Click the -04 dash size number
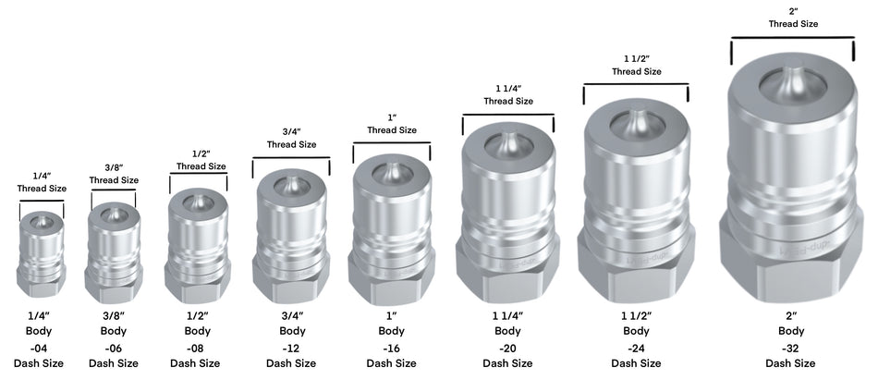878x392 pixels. [x=39, y=348]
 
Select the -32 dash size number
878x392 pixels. [x=790, y=348]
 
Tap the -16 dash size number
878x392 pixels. [x=392, y=348]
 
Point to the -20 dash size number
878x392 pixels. [x=507, y=348]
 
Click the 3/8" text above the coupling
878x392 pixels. [x=114, y=167]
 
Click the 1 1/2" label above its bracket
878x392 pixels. [x=636, y=58]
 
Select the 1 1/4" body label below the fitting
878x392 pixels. [x=507, y=314]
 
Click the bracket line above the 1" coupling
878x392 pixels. [x=392, y=143]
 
